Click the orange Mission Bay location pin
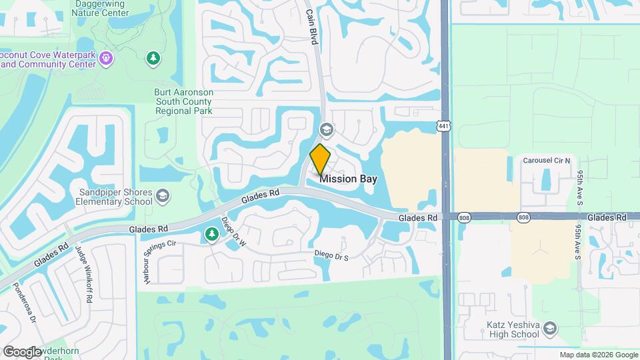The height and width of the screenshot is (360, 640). [x=321, y=159]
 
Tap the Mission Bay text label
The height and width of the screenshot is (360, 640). [x=348, y=179]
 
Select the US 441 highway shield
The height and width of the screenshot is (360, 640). [x=444, y=125]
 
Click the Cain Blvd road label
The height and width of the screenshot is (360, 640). [x=311, y=27]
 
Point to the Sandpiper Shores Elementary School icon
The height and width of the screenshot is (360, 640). [x=163, y=197]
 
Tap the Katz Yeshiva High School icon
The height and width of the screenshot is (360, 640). [x=549, y=327]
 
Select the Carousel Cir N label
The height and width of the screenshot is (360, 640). [x=547, y=161]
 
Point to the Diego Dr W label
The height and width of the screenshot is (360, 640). [x=234, y=232]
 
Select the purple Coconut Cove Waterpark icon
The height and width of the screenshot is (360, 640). [x=105, y=59]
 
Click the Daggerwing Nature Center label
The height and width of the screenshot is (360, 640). [x=99, y=9]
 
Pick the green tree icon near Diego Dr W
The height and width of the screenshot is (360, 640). [x=212, y=234]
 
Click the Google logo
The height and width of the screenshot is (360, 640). [x=21, y=352]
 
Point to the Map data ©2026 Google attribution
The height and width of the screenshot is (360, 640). [x=599, y=355]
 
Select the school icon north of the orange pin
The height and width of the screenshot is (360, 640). [x=327, y=129]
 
